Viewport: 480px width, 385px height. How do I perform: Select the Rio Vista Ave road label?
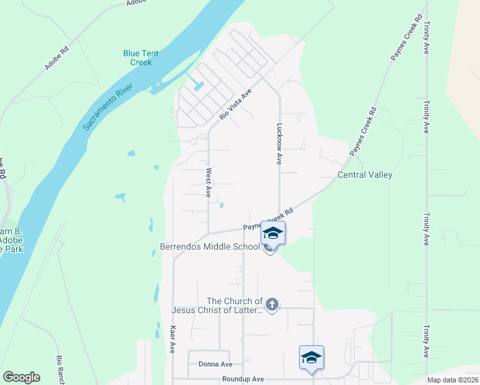(236, 105)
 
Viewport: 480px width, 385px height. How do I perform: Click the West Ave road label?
(208, 182)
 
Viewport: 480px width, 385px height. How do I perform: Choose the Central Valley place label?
(365, 175)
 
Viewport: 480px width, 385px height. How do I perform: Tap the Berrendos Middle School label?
(209, 247)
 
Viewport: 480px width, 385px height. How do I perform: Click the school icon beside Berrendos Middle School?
(273, 234)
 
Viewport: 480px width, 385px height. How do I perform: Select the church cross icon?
(272, 304)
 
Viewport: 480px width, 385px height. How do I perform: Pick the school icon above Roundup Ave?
(311, 357)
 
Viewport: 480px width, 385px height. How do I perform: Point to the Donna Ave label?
(216, 364)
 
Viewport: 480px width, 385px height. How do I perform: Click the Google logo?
(21, 377)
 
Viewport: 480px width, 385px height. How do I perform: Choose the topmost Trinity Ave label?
(426, 38)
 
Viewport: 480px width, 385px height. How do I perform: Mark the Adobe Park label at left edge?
(12, 240)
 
